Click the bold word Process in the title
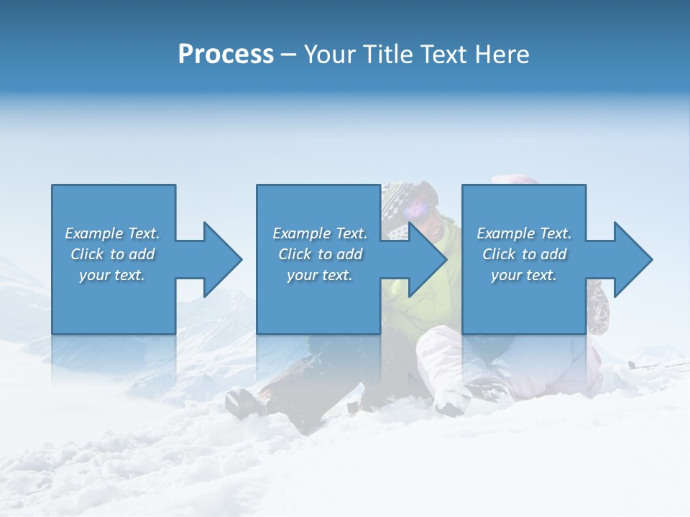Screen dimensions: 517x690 point(226,55)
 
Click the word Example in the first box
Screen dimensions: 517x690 point(93,233)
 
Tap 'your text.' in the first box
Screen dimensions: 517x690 point(112,275)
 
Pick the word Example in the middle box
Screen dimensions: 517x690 point(301,233)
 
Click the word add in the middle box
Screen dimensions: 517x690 point(349,254)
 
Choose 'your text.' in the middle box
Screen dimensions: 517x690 point(320,275)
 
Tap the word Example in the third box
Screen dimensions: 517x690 point(505,233)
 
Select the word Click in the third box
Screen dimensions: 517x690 point(500,254)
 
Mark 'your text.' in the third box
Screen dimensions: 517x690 point(524,275)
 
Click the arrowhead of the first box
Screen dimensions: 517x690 point(222,259)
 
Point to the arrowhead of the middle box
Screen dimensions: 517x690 point(428,259)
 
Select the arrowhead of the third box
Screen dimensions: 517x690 point(632,259)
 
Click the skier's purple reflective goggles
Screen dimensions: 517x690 point(418,209)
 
